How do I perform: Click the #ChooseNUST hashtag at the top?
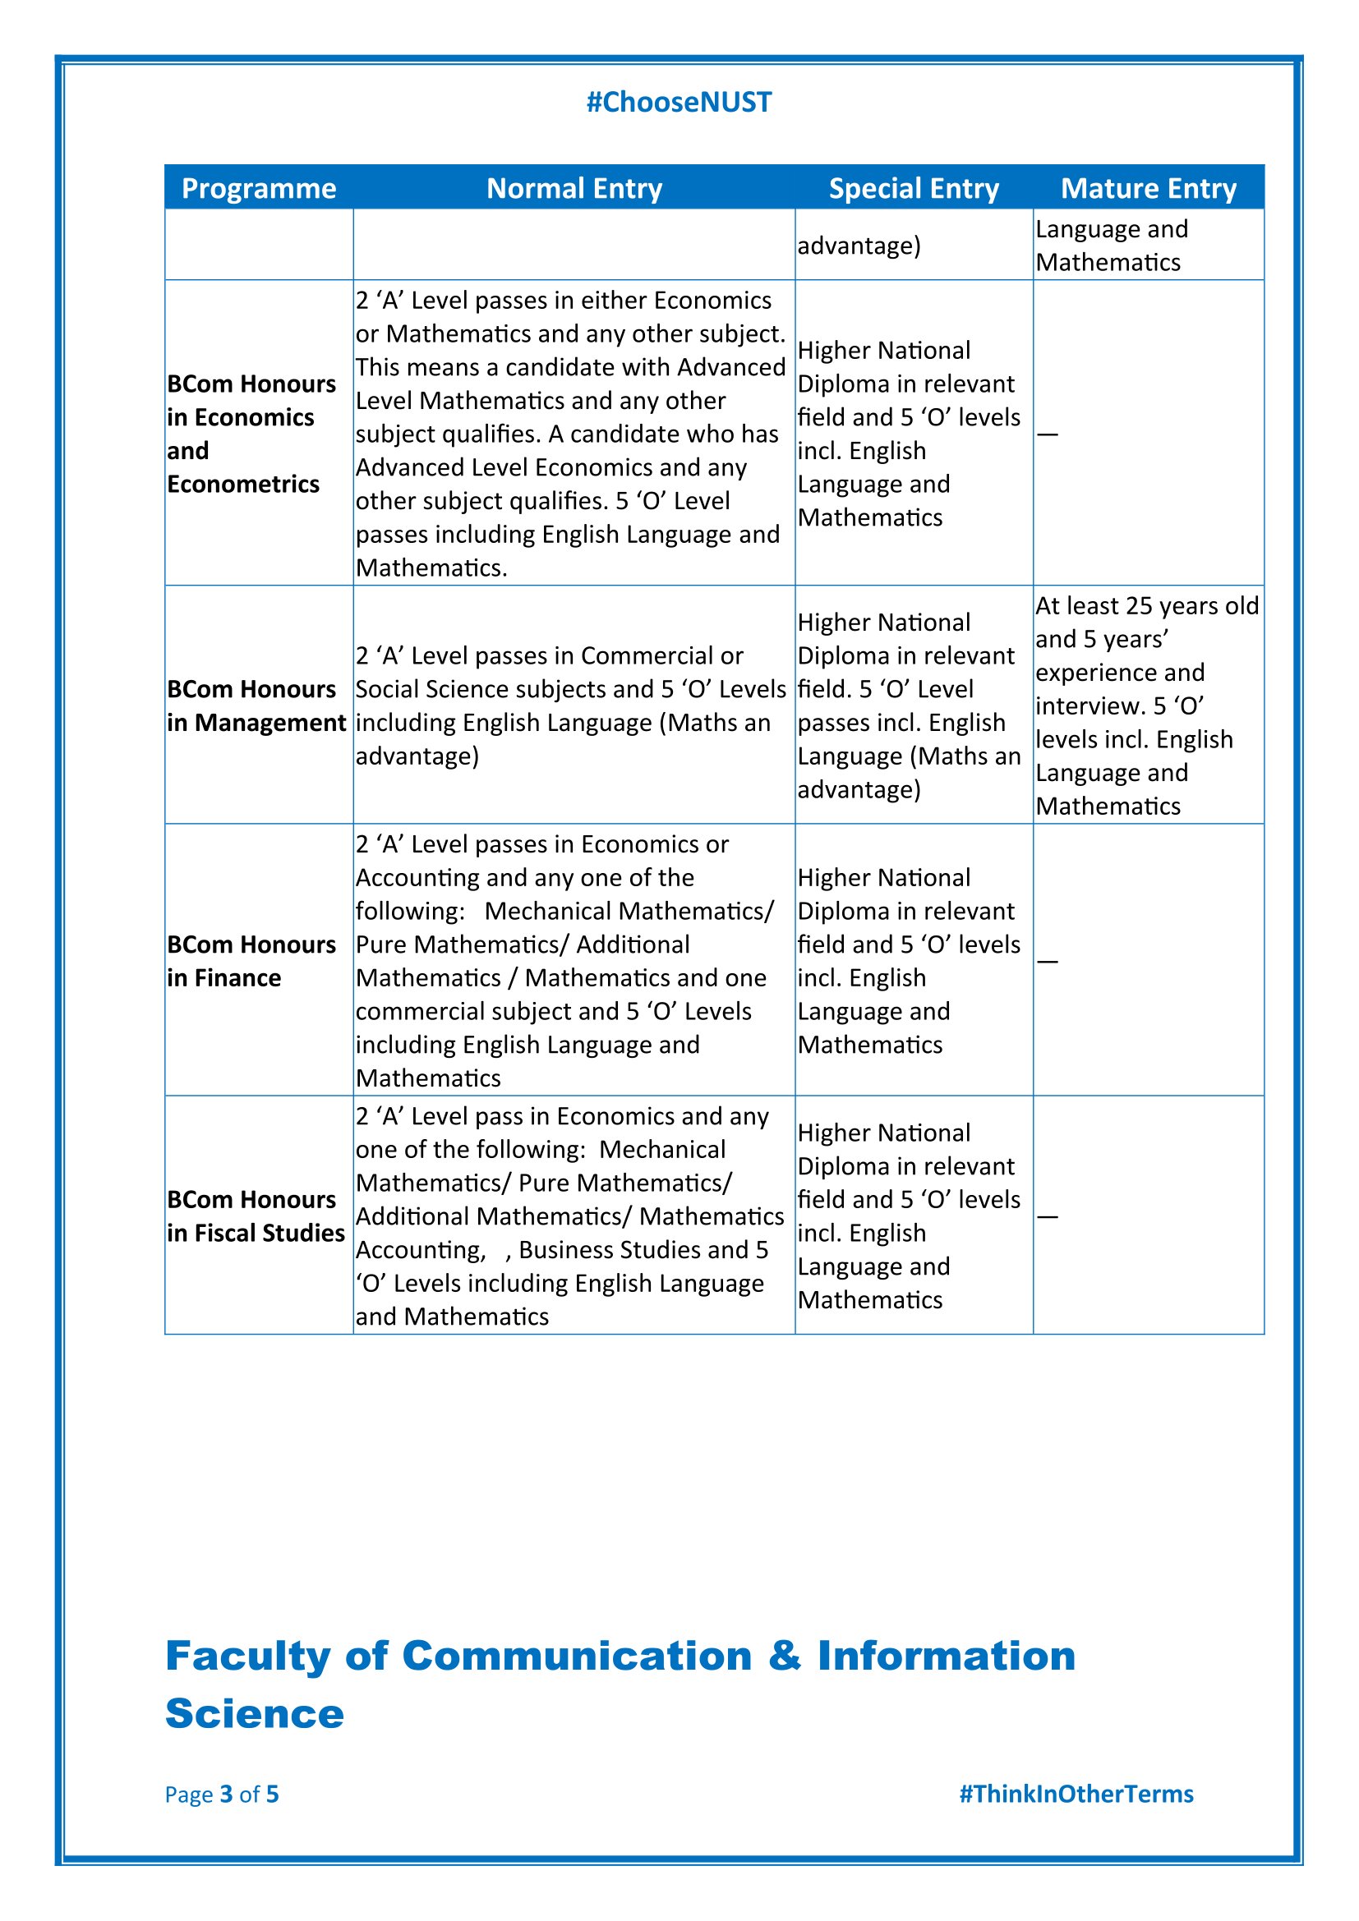click(x=679, y=102)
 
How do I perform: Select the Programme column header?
click(x=259, y=188)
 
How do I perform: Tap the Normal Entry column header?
click(x=574, y=188)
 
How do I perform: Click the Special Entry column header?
click(x=914, y=188)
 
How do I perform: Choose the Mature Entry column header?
click(x=1148, y=188)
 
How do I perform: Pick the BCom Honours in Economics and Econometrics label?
click(x=251, y=434)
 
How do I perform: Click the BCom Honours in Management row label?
click(x=256, y=705)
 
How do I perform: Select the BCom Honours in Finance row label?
click(x=251, y=961)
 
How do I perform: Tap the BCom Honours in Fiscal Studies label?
click(x=256, y=1216)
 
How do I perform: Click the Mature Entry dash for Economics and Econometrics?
click(x=1047, y=434)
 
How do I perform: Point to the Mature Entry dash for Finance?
click(x=1047, y=962)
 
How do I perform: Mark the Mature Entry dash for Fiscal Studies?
click(x=1047, y=1216)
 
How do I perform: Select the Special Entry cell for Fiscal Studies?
click(x=909, y=1216)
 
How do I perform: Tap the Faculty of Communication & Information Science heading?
click(x=620, y=1684)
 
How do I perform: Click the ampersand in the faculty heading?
click(x=784, y=1656)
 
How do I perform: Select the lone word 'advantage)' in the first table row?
click(x=859, y=246)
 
